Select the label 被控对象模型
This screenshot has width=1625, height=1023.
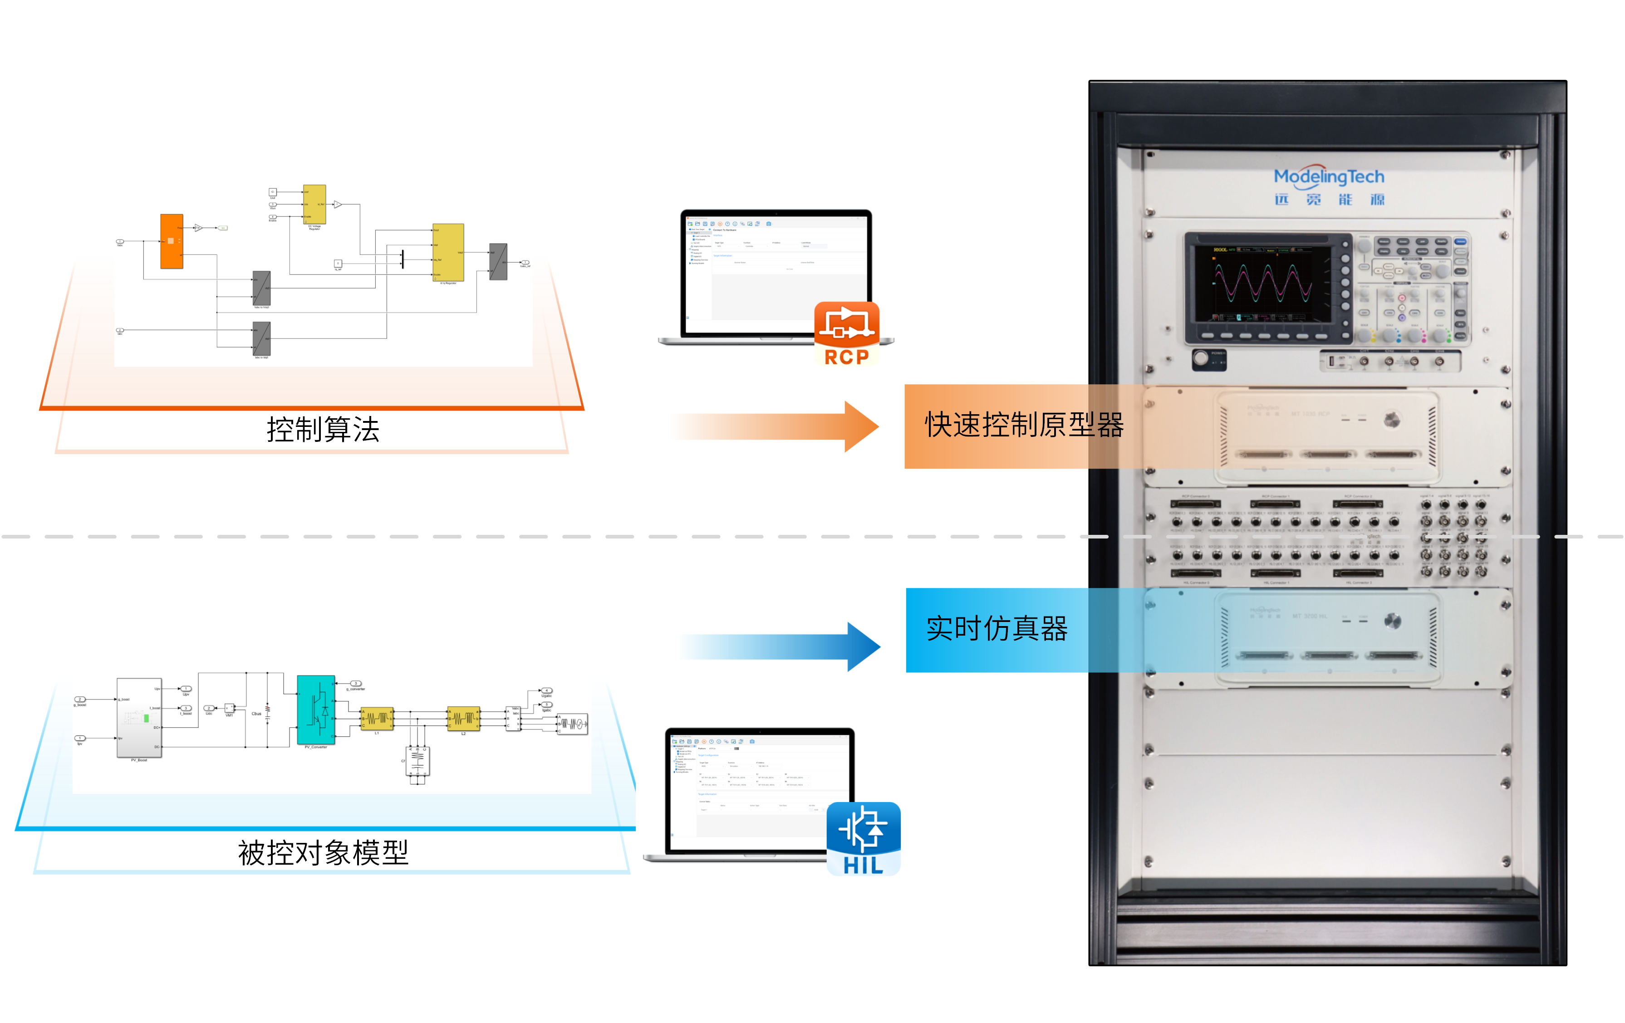[x=323, y=853]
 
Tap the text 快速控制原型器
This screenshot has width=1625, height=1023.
[x=1024, y=425]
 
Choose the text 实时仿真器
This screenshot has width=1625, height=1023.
[x=997, y=629]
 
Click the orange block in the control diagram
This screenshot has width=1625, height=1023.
[x=172, y=241]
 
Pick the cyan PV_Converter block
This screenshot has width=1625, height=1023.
[x=316, y=710]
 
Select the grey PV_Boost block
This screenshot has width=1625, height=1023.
[x=139, y=718]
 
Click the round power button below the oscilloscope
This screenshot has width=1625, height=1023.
[x=1201, y=357]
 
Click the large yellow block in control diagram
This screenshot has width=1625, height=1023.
[x=448, y=252]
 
